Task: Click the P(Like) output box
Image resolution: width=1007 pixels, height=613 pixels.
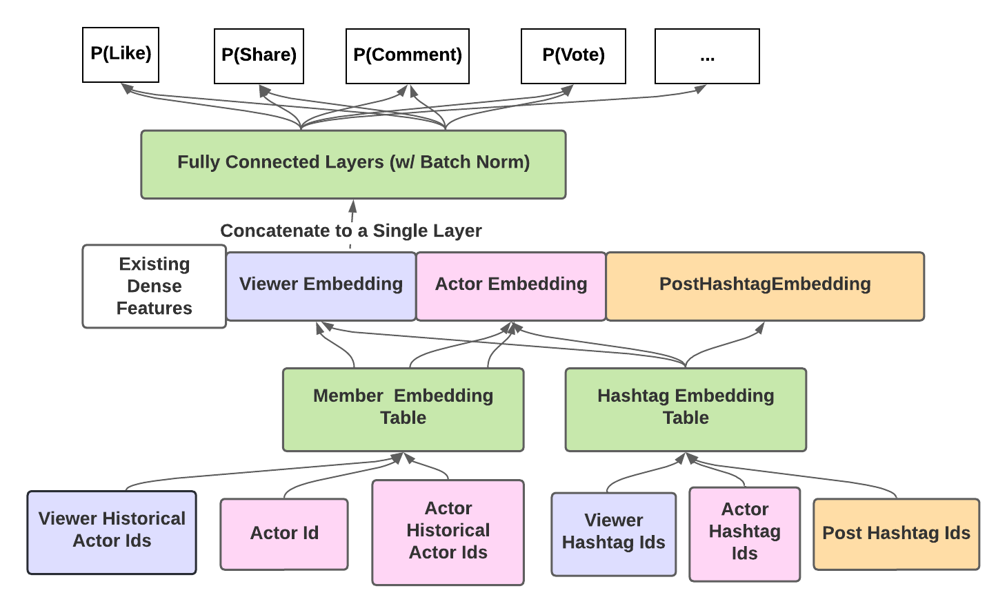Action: tap(121, 55)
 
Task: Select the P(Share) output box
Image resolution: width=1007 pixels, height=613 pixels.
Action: tap(259, 56)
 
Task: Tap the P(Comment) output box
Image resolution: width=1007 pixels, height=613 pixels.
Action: tap(408, 56)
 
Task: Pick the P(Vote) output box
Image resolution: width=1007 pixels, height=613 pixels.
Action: tap(573, 56)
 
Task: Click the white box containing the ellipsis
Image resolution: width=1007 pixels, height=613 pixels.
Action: tap(707, 56)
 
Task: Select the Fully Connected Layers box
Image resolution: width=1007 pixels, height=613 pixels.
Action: tap(353, 164)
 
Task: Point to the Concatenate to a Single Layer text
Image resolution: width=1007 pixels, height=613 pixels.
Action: tap(350, 231)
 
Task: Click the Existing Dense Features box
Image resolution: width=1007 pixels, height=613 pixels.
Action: tap(154, 286)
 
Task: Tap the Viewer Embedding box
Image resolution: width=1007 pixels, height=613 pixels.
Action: tap(321, 286)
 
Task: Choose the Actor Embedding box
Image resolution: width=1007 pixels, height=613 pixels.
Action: tap(511, 286)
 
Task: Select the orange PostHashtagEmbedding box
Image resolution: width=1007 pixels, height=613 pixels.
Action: tap(765, 286)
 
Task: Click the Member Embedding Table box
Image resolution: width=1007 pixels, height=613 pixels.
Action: tap(403, 409)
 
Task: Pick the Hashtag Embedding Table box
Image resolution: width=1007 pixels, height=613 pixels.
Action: tap(686, 409)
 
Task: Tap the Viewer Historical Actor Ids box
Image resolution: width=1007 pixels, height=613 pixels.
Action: tap(112, 532)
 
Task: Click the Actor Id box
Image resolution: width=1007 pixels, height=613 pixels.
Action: tap(284, 534)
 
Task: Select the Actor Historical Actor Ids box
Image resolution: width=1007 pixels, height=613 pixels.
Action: tap(448, 532)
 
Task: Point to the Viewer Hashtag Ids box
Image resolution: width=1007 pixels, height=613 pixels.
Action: tap(613, 534)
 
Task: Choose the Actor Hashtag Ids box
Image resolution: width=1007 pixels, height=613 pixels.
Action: tap(745, 534)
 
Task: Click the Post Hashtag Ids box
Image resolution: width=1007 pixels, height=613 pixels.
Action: tap(896, 534)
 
